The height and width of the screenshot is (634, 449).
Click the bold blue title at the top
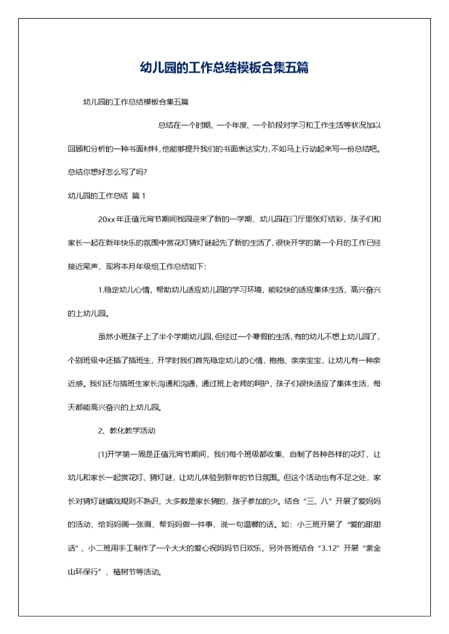tap(224, 68)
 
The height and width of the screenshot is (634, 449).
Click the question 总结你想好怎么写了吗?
tap(107, 173)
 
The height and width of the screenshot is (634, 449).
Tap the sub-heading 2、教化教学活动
tap(127, 431)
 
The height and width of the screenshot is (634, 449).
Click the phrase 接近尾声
tap(84, 266)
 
